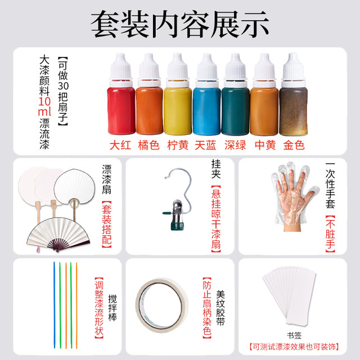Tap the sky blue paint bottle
(x=206, y=110)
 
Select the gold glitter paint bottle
(x=292, y=110)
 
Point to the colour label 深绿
(x=235, y=146)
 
